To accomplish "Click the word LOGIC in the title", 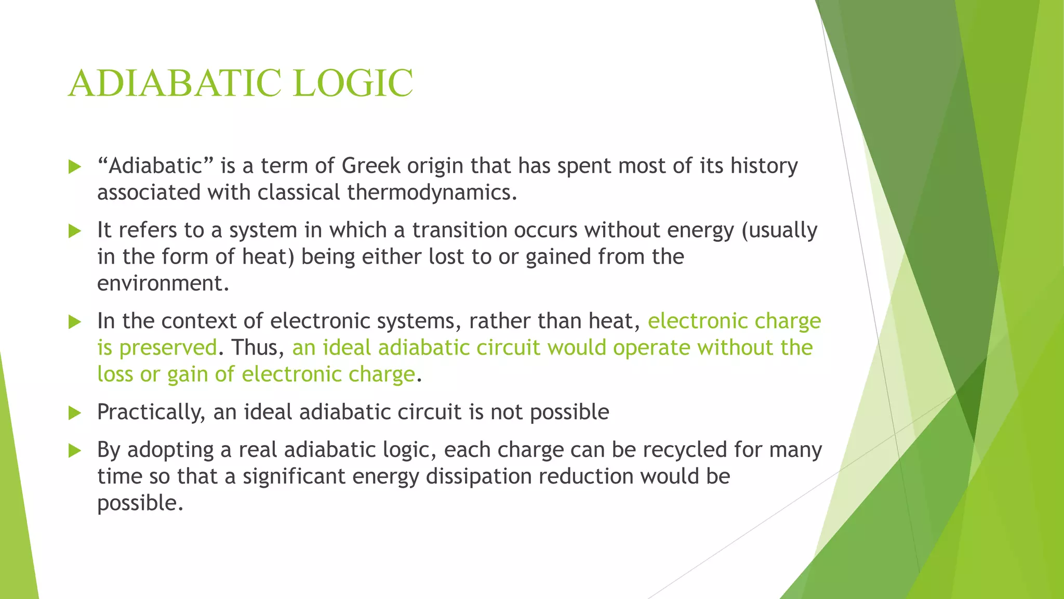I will pyautogui.click(x=353, y=83).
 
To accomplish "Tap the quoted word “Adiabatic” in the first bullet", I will pyautogui.click(x=155, y=166).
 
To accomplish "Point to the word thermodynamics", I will pyautogui.click(x=432, y=192).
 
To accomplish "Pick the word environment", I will pyautogui.click(x=163, y=283).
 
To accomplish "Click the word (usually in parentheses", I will pyautogui.click(x=779, y=230).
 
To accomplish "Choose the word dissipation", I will pyautogui.click(x=478, y=476).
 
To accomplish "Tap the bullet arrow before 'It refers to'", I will pyautogui.click(x=75, y=231).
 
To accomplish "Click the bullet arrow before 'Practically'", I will pyautogui.click(x=75, y=413).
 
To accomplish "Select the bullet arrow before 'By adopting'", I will pyautogui.click(x=75, y=451).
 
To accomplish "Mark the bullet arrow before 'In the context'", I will pyautogui.click(x=75, y=322).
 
